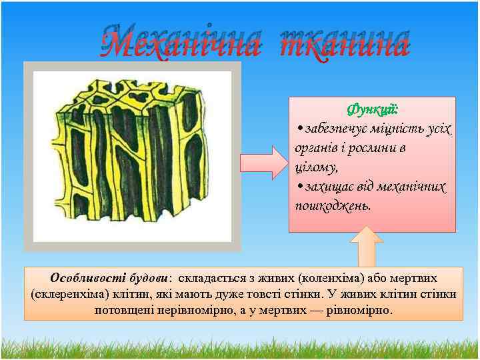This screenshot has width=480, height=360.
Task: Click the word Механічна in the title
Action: click(x=179, y=45)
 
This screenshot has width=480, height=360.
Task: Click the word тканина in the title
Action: click(x=343, y=45)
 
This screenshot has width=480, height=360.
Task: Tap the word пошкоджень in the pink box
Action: click(x=331, y=206)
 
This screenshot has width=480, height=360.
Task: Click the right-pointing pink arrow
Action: click(x=263, y=162)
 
